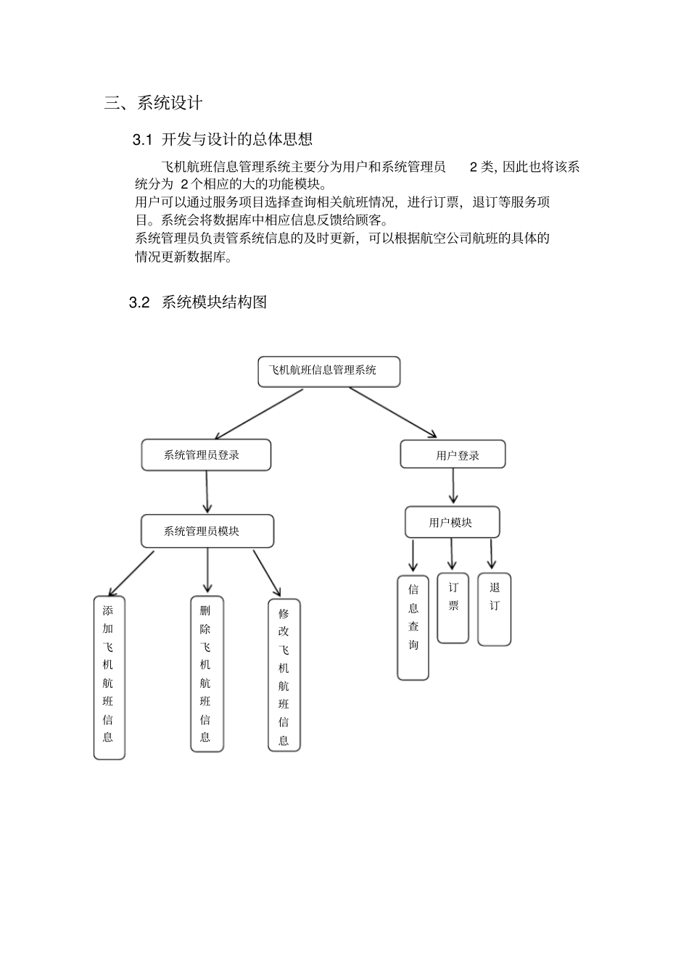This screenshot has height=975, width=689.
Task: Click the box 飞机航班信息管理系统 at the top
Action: coord(329,371)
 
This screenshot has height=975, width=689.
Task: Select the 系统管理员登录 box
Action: coord(206,455)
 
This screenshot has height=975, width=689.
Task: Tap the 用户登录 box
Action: coord(453,455)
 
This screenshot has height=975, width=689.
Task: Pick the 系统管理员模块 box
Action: coord(207,531)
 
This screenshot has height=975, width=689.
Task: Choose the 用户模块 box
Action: coord(452,522)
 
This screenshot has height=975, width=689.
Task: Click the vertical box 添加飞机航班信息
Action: coord(109,677)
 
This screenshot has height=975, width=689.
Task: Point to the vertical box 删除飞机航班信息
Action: coord(207,673)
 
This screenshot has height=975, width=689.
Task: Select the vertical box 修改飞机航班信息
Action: coord(284,675)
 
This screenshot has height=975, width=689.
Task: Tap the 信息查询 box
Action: coord(413,627)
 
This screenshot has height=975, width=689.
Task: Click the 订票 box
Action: coord(453,607)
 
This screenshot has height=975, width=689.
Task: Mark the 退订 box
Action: coord(494,609)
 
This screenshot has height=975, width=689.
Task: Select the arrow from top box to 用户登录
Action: coord(393,413)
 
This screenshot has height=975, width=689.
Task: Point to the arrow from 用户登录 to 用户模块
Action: coord(453,486)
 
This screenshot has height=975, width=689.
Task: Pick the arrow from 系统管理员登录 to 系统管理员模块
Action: coord(207,491)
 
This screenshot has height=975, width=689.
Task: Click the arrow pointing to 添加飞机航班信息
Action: coord(131,573)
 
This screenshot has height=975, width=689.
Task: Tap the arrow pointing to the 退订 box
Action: coord(491,554)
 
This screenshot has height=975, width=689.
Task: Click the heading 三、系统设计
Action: coord(153,103)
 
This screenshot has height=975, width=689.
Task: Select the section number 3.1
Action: coord(143,139)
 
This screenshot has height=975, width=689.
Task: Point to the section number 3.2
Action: coord(139,302)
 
